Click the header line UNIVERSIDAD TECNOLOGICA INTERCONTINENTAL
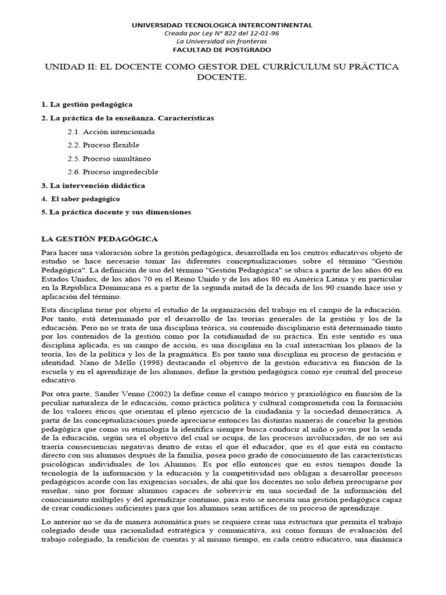click(x=222, y=25)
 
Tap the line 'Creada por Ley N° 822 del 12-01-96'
click(x=222, y=33)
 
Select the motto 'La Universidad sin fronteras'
click(x=222, y=41)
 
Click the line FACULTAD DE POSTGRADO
click(x=222, y=49)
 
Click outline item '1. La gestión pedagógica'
click(x=87, y=105)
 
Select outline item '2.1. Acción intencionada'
click(x=111, y=132)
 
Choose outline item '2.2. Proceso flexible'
click(x=103, y=145)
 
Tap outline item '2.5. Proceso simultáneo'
click(x=109, y=159)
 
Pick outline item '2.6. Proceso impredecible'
click(x=113, y=172)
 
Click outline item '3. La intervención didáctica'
click(x=93, y=185)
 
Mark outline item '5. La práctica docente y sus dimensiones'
click(x=116, y=212)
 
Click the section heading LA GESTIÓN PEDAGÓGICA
click(x=99, y=239)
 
